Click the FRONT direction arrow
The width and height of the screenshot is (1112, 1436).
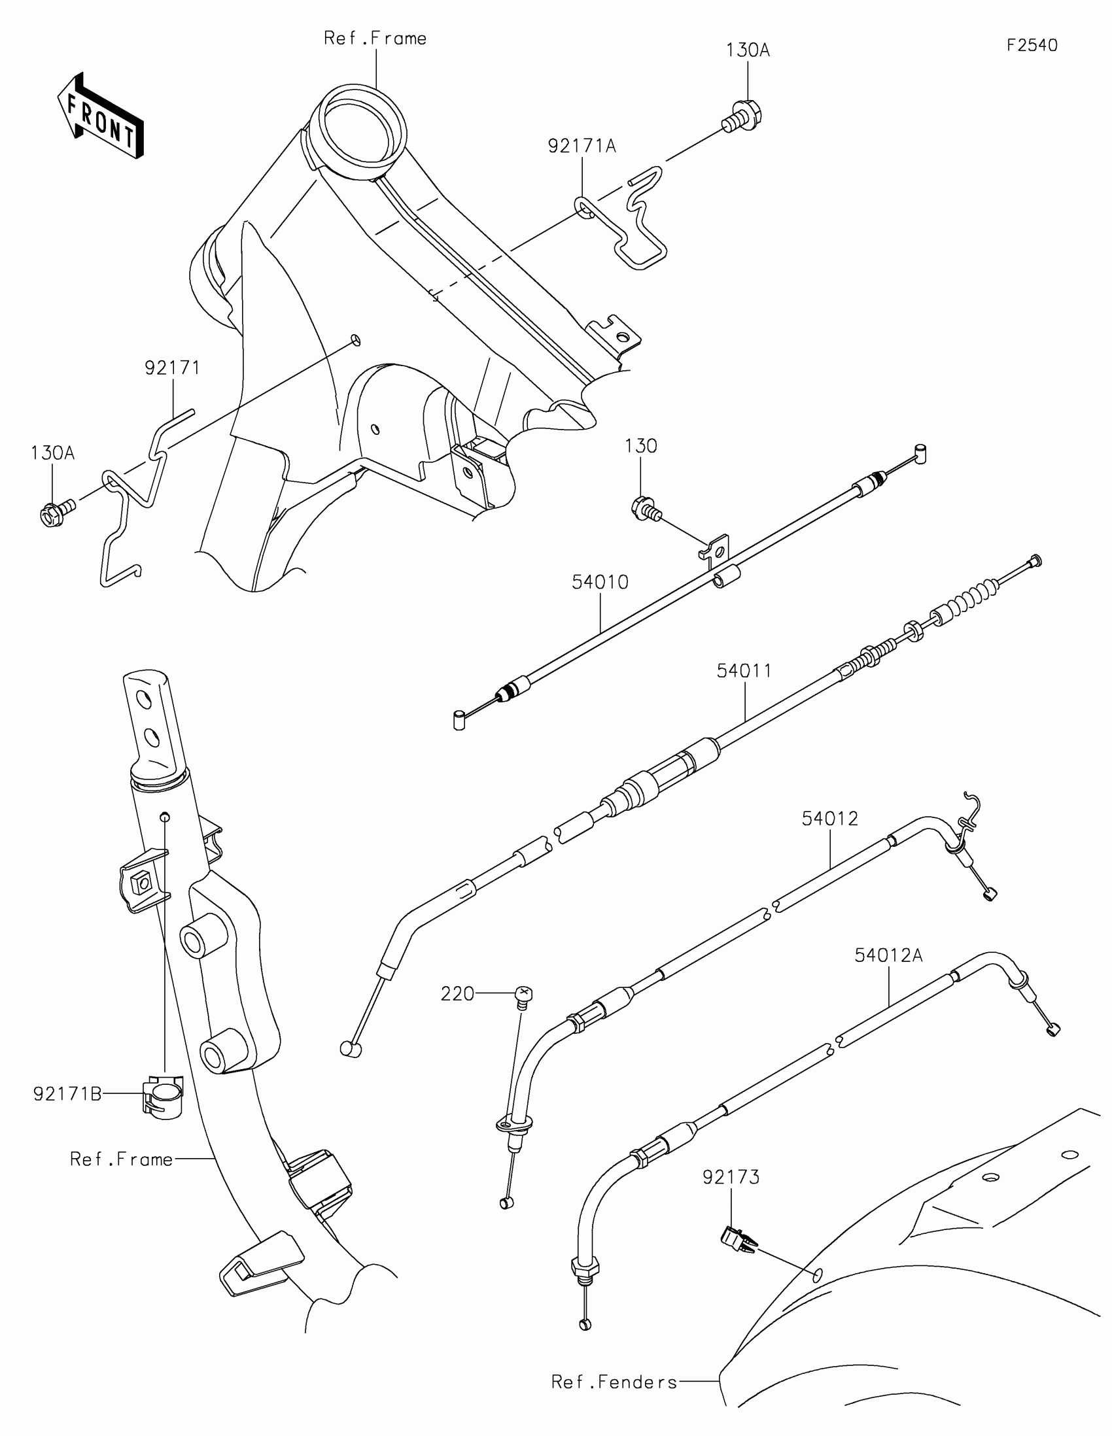[x=101, y=116]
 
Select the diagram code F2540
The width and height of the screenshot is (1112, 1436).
[x=1032, y=45]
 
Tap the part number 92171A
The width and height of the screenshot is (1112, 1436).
[x=582, y=146]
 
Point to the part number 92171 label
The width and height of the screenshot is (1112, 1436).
[x=172, y=368]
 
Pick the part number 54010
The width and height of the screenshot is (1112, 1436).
[x=600, y=582]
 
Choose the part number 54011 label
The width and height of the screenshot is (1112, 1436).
[x=744, y=671]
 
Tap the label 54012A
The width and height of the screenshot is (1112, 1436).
[x=888, y=955]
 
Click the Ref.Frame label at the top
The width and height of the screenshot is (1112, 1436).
[x=375, y=39]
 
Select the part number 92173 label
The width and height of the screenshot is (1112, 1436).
[x=731, y=1177]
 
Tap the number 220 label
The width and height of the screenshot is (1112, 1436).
[x=457, y=993]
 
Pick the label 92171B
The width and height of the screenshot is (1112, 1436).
[x=67, y=1094]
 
